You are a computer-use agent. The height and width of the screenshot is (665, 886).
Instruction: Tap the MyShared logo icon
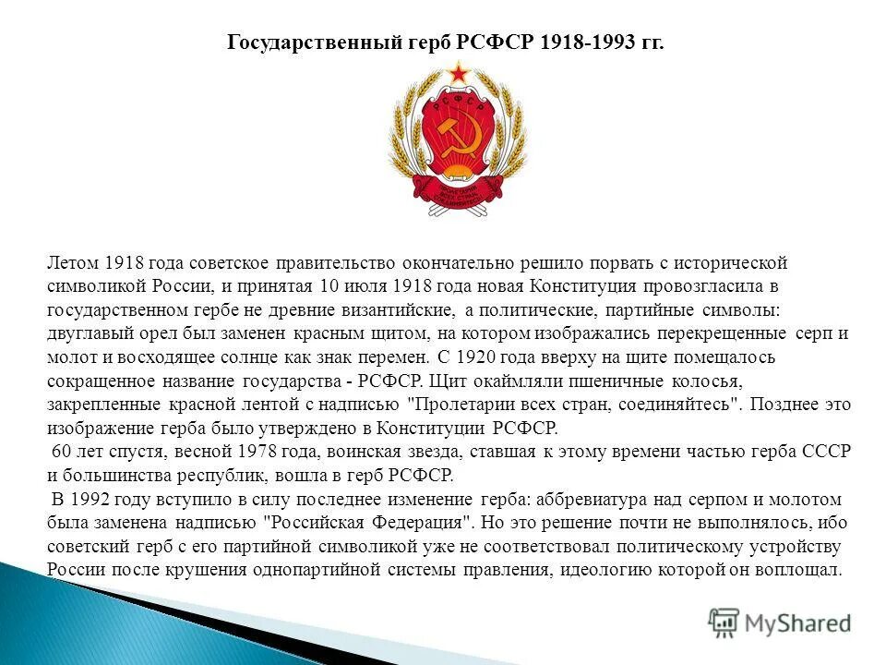(724, 623)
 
